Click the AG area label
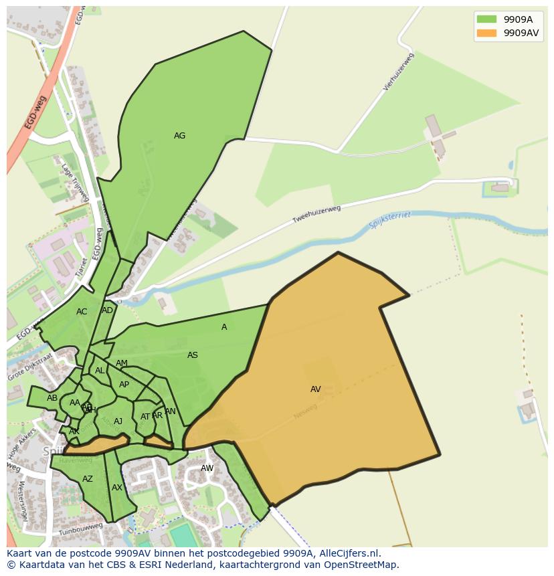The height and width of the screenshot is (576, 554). [179, 136]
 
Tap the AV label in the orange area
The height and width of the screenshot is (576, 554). [316, 389]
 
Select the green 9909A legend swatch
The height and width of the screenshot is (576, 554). [486, 19]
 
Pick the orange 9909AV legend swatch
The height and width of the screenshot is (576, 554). [486, 33]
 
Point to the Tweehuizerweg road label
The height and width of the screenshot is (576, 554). [316, 215]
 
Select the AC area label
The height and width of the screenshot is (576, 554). [82, 312]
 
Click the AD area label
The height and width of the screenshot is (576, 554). [108, 310]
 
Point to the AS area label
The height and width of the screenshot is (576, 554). [193, 355]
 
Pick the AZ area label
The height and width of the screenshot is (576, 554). [88, 479]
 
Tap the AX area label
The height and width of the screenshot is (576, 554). [117, 488]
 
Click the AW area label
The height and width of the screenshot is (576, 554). [207, 468]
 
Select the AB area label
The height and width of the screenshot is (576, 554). [52, 398]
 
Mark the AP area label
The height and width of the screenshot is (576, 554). [124, 385]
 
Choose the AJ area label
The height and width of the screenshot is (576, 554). [118, 421]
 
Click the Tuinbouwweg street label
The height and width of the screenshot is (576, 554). [80, 530]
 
